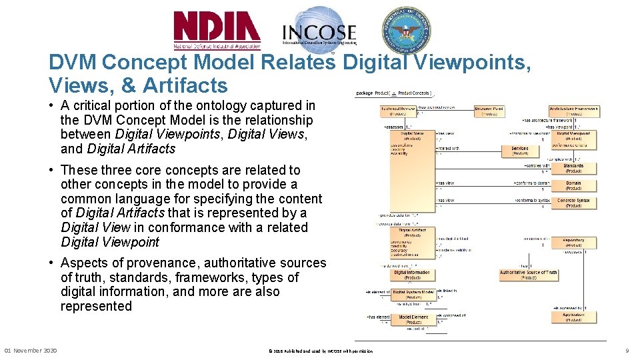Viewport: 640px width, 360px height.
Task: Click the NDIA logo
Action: [x=217, y=30]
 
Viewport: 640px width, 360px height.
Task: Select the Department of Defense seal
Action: [x=406, y=29]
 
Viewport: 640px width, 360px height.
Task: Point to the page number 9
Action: [x=627, y=351]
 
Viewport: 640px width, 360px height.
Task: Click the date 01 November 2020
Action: [x=31, y=351]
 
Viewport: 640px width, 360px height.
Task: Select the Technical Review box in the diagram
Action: [x=398, y=111]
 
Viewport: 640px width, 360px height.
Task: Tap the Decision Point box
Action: [x=489, y=111]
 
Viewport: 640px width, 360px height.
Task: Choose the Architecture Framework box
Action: [x=573, y=111]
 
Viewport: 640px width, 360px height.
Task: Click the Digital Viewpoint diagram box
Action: [x=573, y=136]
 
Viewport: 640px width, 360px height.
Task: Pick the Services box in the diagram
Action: [x=520, y=151]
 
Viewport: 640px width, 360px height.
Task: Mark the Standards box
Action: [x=573, y=168]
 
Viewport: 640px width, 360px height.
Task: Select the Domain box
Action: [x=573, y=185]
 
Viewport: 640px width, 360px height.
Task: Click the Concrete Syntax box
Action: [x=573, y=203]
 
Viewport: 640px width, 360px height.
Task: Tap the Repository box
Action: [x=573, y=243]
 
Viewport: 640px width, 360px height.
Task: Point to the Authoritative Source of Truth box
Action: [x=528, y=275]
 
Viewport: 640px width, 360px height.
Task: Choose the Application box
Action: [x=573, y=317]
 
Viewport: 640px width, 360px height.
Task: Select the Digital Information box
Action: [x=411, y=275]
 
